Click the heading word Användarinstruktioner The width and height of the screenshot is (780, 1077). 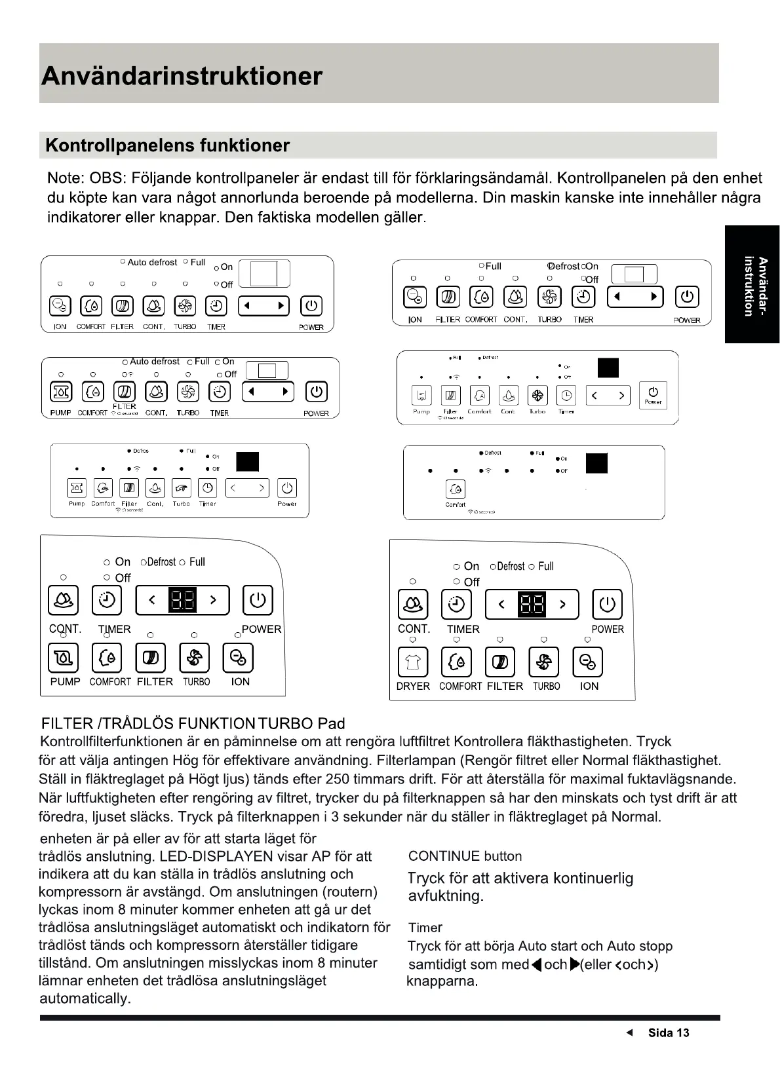182,76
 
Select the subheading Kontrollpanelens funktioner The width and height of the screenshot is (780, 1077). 167,145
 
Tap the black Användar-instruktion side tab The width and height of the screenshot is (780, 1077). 752,286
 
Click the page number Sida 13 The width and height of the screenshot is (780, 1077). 668,1032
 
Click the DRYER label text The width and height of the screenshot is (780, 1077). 413,686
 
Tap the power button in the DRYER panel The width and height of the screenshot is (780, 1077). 607,604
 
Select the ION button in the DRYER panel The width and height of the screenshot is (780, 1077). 588,662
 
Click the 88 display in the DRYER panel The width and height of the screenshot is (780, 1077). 532,604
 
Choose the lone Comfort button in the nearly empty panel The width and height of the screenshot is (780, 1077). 456,489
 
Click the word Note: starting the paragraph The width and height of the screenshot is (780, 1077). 66,178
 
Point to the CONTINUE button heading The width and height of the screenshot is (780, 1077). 465,856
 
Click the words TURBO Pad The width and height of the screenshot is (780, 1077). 302,723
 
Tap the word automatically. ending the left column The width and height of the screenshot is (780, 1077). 85,998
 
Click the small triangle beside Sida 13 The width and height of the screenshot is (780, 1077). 630,1032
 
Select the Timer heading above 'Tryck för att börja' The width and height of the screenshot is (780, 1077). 425,928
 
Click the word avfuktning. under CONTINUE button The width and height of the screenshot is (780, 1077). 446,896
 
